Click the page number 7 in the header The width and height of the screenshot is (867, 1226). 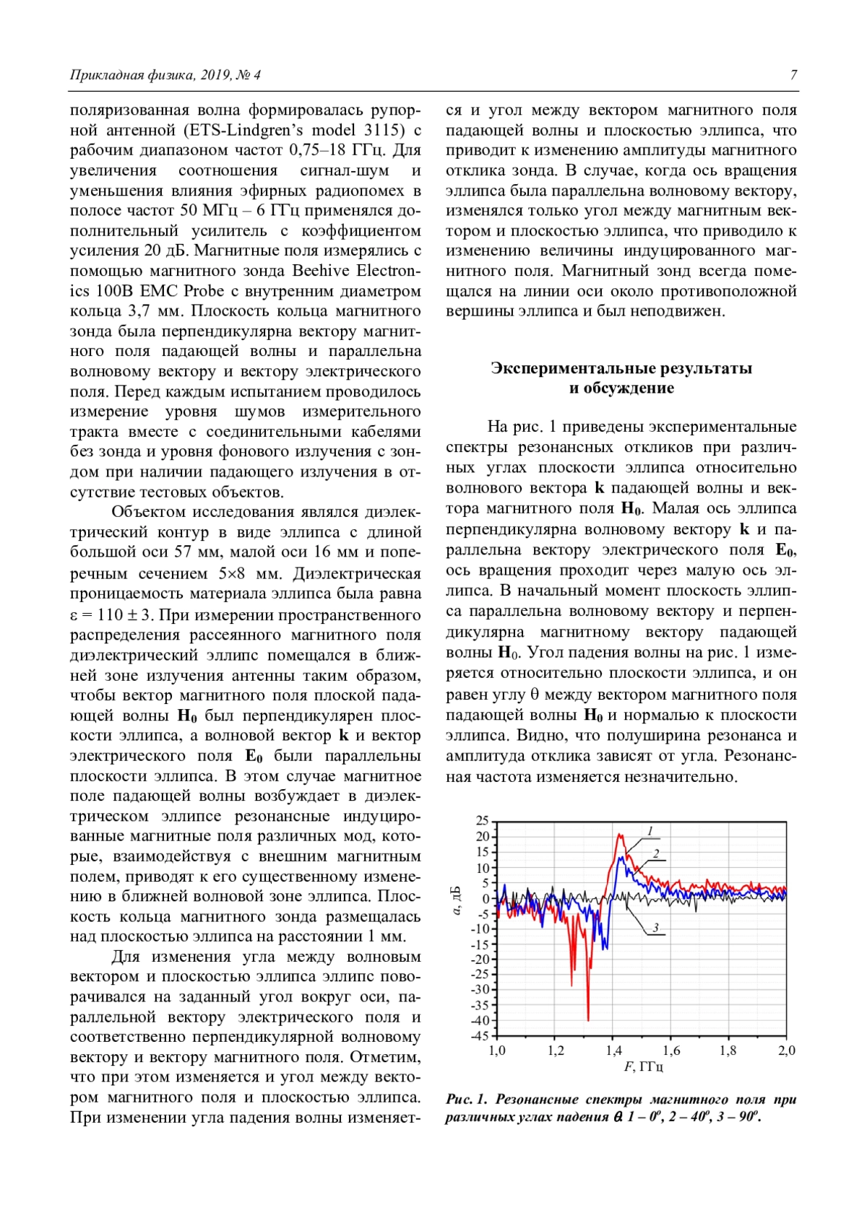[x=793, y=75]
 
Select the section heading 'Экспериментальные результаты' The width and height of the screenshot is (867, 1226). [x=621, y=368]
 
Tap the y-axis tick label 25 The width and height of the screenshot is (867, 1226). [x=482, y=821]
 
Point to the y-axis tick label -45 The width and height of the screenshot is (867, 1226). [x=480, y=1036]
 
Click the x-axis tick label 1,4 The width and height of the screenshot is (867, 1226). [x=613, y=1051]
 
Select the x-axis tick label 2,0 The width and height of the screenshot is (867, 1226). [x=786, y=1051]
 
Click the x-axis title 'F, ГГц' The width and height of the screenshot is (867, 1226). [x=643, y=1066]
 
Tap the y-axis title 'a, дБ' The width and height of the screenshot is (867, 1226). [x=456, y=900]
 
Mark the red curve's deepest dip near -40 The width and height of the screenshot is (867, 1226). [x=588, y=1019]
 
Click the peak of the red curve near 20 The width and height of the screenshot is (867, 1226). [x=620, y=835]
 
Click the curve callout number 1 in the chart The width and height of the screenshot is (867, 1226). [x=650, y=831]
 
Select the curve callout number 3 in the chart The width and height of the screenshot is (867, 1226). [x=655, y=928]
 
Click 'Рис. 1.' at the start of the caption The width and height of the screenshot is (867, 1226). [x=466, y=1100]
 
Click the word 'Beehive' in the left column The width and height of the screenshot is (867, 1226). [x=321, y=271]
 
